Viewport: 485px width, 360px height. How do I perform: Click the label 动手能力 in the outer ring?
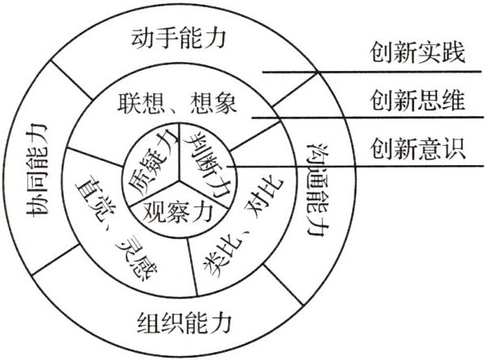pyautogui.click(x=179, y=37)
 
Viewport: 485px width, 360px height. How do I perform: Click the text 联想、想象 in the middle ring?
pyautogui.click(x=178, y=103)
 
